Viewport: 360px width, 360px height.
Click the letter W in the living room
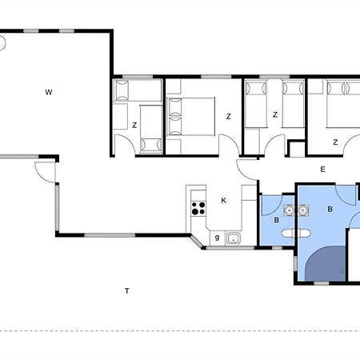click(49, 93)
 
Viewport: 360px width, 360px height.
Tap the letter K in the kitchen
click(224, 201)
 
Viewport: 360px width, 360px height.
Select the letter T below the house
click(126, 290)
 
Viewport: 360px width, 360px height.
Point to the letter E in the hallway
click(322, 169)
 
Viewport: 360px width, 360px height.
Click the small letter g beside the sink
click(216, 237)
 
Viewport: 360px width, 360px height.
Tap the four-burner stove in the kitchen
click(197, 210)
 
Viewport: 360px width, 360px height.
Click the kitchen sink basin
click(234, 238)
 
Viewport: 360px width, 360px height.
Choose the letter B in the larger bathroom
click(330, 209)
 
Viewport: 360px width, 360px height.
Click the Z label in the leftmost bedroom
click(134, 125)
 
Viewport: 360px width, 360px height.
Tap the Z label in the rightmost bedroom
click(335, 142)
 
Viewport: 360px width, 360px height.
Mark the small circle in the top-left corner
click(2, 42)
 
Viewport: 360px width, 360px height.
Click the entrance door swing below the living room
click(45, 170)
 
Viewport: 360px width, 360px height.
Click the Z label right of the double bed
click(228, 117)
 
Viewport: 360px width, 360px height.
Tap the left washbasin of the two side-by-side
click(288, 211)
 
